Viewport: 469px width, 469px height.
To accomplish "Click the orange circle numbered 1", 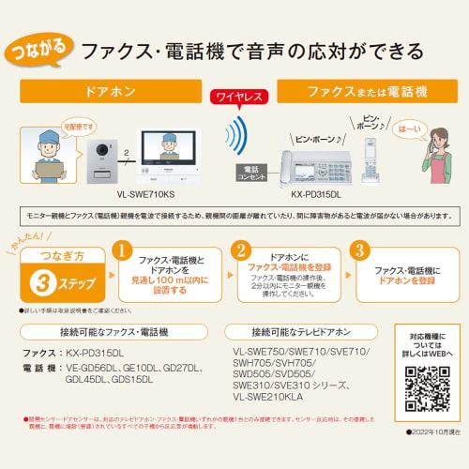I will [x=120, y=251].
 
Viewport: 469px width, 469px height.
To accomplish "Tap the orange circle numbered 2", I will [x=241, y=251].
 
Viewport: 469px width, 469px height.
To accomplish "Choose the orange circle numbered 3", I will [x=358, y=251].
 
